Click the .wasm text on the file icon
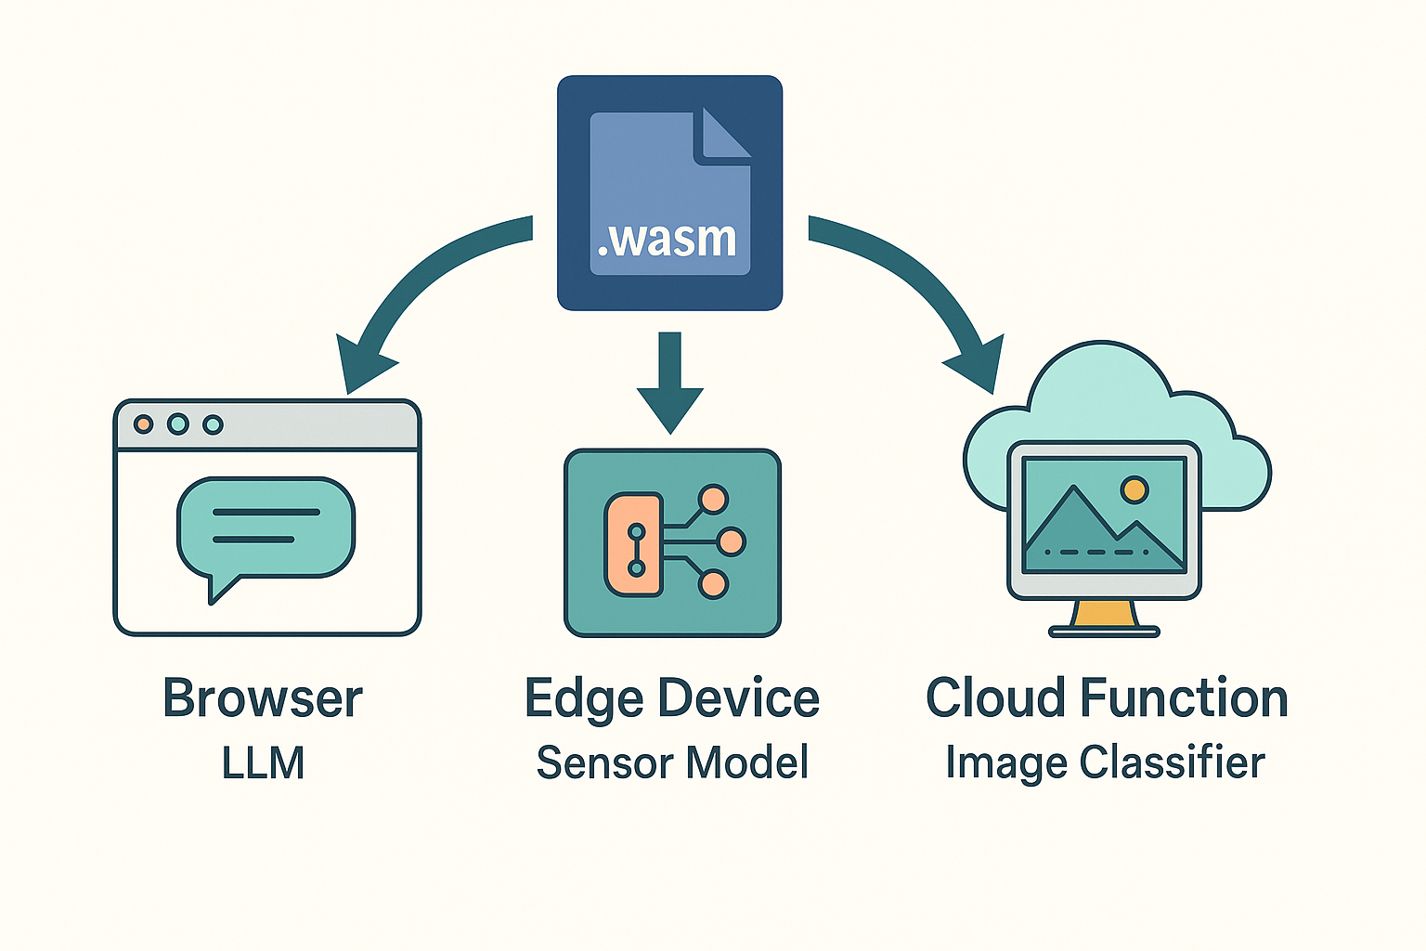coord(668,240)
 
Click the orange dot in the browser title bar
coord(143,424)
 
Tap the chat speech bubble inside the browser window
coord(266,528)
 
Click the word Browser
coord(263,698)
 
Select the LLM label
coord(263,763)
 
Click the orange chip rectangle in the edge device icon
coord(634,544)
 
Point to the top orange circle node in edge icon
coord(713,500)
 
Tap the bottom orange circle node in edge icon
coord(713,584)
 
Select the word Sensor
coord(604,763)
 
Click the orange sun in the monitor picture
coord(1134,489)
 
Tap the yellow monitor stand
coord(1104,614)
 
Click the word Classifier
coord(1172,763)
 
